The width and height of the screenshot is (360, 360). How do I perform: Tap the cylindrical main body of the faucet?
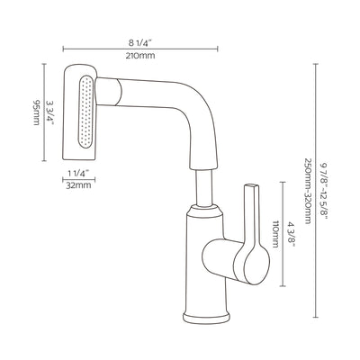click(206, 261)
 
